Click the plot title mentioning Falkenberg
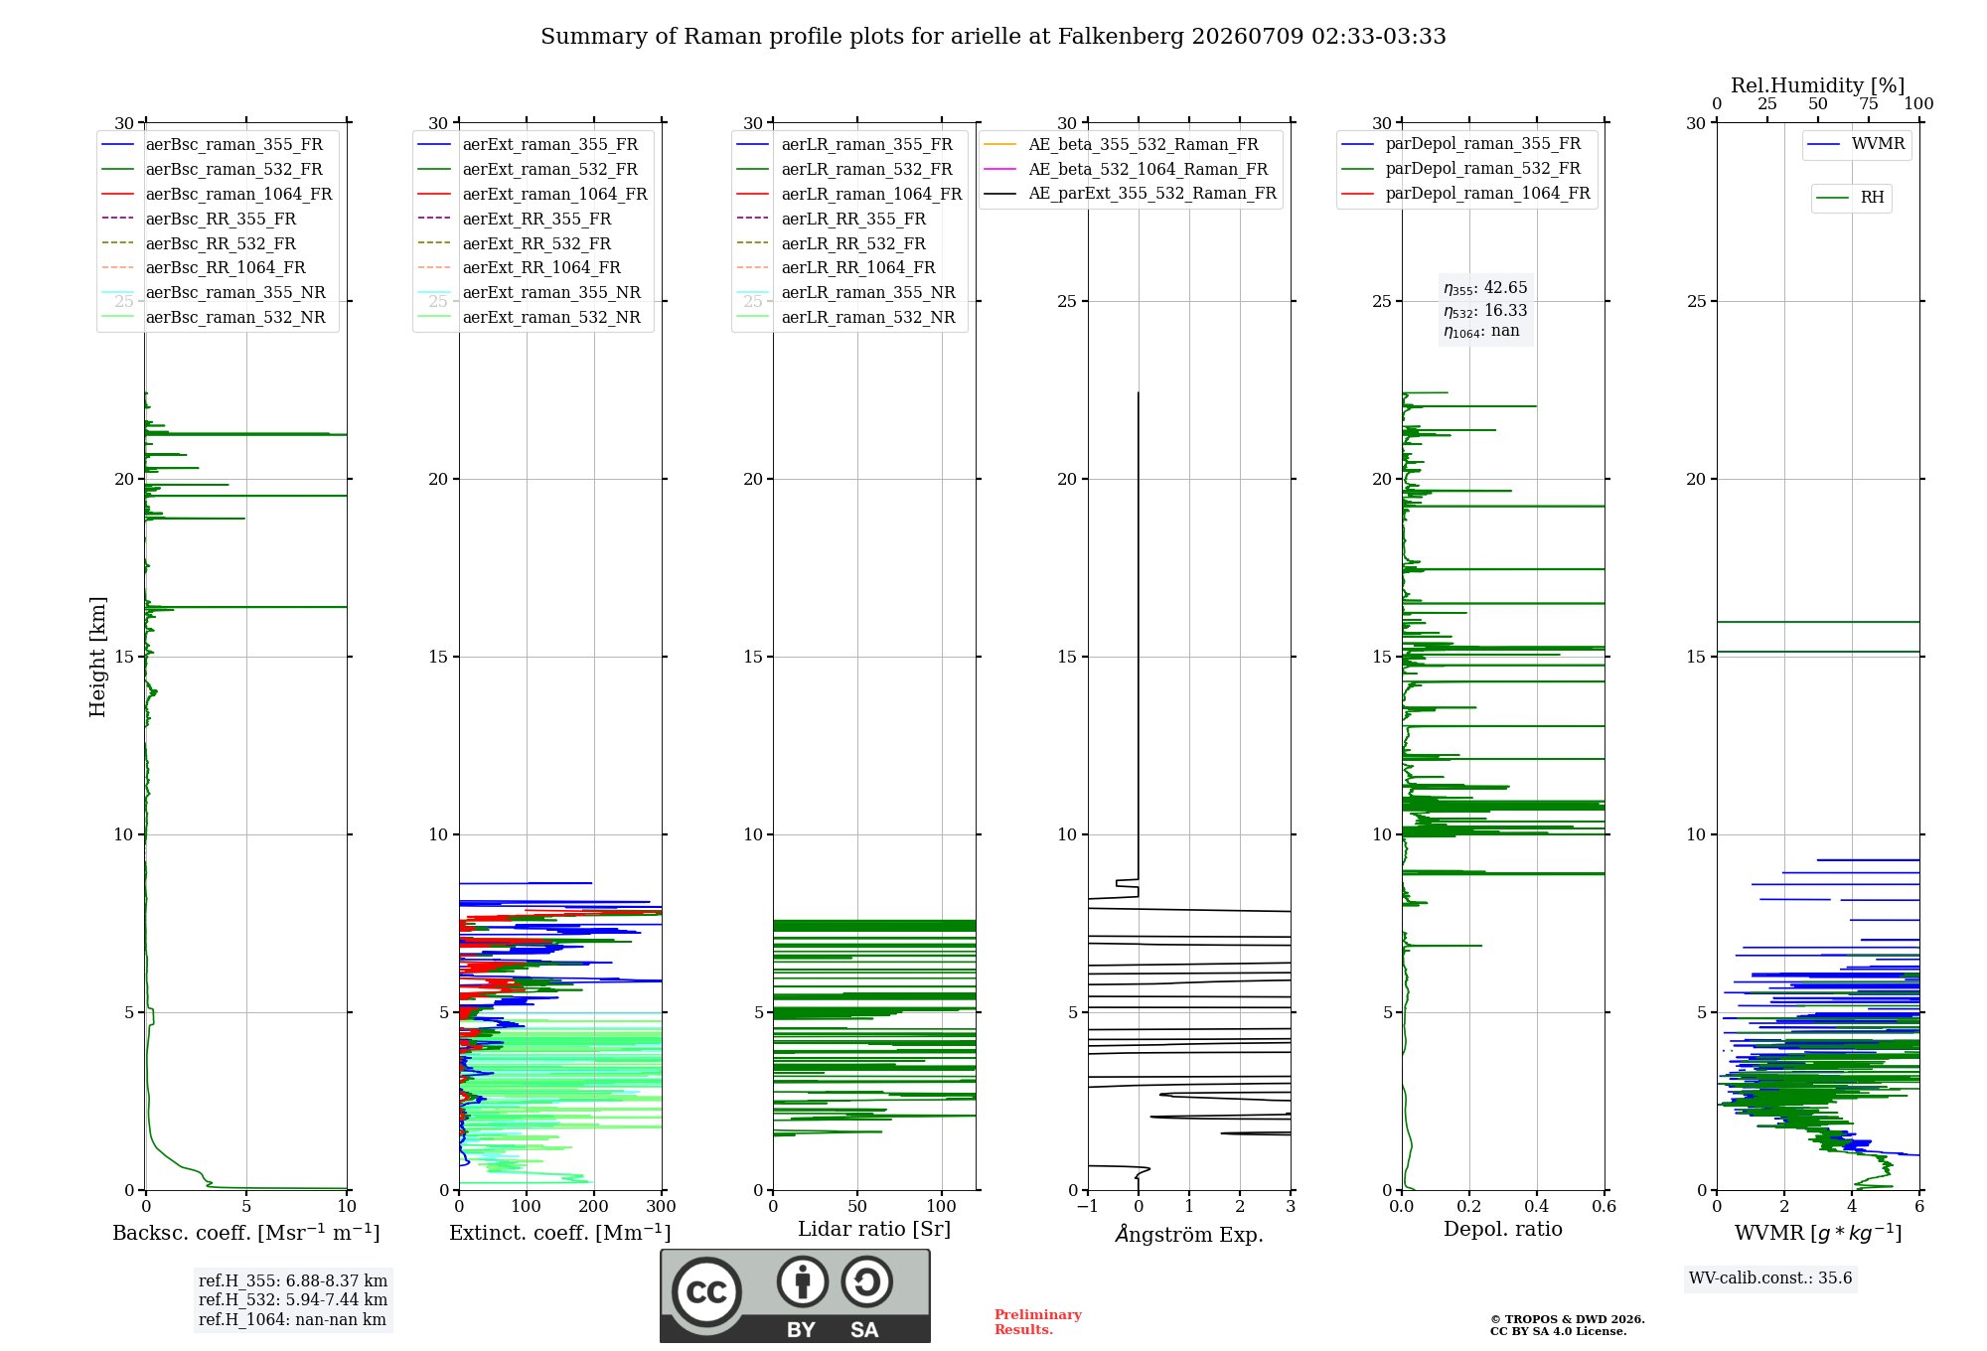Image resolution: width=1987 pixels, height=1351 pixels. [x=993, y=37]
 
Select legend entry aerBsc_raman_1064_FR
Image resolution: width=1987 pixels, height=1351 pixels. [x=217, y=194]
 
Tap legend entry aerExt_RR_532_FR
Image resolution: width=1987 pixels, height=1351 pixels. [x=515, y=243]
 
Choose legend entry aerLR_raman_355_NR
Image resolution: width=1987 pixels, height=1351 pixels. [x=846, y=292]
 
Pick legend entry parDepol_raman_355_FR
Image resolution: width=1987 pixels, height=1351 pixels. [x=1461, y=144]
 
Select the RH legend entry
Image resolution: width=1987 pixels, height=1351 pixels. [x=1851, y=198]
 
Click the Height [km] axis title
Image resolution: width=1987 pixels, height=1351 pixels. [x=97, y=657]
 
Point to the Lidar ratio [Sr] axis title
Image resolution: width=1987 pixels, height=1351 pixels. [x=874, y=1229]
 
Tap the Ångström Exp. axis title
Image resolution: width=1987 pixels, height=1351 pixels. [x=1189, y=1234]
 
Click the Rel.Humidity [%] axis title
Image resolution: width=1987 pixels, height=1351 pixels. [x=1818, y=85]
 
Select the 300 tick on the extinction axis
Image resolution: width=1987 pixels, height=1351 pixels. [x=662, y=1206]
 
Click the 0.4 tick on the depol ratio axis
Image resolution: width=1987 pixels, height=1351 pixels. [x=1537, y=1206]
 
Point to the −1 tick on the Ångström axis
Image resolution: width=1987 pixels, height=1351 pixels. [x=1088, y=1206]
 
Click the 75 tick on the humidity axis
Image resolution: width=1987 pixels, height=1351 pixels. [x=1869, y=103]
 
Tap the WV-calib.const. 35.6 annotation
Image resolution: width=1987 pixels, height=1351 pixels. [x=1770, y=1278]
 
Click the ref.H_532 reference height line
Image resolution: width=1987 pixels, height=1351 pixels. [x=293, y=1299]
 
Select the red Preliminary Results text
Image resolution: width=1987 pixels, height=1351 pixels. [x=1038, y=1322]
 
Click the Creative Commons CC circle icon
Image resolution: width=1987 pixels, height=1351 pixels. [x=706, y=1292]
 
